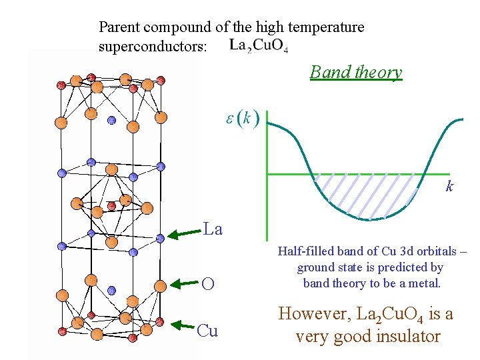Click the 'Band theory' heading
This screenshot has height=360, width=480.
pyautogui.click(x=356, y=72)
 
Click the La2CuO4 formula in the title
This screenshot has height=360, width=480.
pyautogui.click(x=259, y=46)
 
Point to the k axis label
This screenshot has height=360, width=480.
pyautogui.click(x=449, y=187)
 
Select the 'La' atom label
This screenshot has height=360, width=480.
pyautogui.click(x=213, y=230)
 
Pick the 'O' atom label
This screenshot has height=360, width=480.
pyautogui.click(x=208, y=284)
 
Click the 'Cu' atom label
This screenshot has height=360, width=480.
pyautogui.click(x=208, y=331)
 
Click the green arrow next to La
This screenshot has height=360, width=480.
pyautogui.click(x=184, y=233)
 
